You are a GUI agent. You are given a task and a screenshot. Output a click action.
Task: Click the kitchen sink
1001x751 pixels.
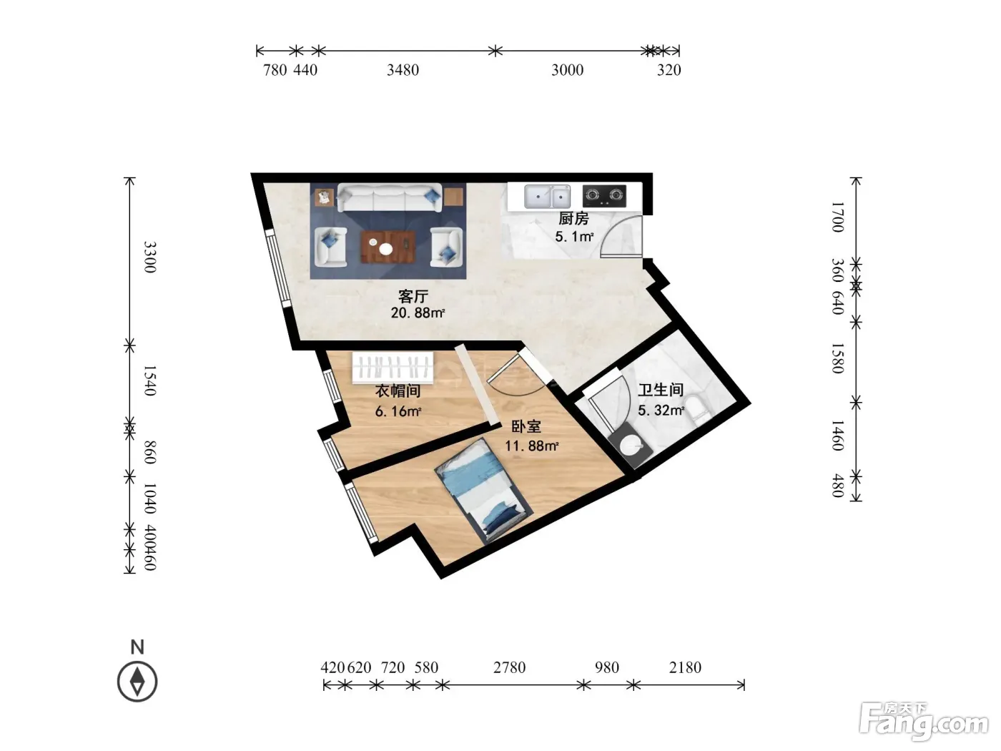click(x=547, y=197)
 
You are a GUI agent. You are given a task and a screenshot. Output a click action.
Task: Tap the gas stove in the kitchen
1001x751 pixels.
click(x=604, y=196)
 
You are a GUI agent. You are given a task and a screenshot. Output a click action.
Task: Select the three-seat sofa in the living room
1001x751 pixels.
click(x=390, y=197)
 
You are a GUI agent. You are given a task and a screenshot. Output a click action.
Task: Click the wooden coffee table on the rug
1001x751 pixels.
click(x=388, y=247)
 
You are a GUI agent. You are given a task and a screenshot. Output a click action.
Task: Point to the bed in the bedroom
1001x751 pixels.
click(x=484, y=490)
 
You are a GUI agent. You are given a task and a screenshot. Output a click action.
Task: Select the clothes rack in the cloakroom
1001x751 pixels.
click(x=393, y=368)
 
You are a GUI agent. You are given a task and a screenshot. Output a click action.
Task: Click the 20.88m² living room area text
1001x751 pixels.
click(x=418, y=313)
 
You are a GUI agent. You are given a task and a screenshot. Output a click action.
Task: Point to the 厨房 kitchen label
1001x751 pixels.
click(x=573, y=218)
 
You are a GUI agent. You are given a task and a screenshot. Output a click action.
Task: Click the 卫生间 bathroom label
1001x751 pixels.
click(x=661, y=390)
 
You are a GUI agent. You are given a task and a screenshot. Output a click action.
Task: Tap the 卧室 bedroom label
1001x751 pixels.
click(x=526, y=426)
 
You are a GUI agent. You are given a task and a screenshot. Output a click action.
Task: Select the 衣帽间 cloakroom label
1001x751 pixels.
click(x=398, y=391)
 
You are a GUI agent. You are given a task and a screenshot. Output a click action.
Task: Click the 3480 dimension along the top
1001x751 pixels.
click(x=403, y=70)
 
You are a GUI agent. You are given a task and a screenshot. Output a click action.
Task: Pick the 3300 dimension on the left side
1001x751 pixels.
click(x=149, y=257)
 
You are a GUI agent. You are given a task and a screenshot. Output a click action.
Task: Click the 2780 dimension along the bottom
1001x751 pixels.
click(x=509, y=667)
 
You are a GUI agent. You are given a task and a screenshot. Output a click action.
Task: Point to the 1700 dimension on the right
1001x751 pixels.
click(x=837, y=217)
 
